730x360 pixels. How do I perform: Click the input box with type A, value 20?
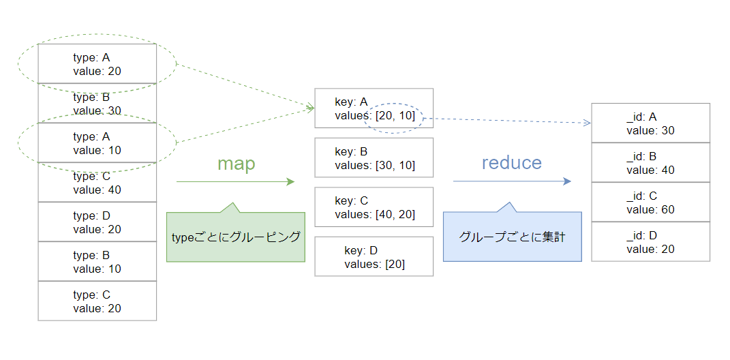pyautogui.click(x=97, y=63)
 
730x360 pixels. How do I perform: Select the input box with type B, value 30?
pyautogui.click(x=97, y=103)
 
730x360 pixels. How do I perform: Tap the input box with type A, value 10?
pyautogui.click(x=97, y=142)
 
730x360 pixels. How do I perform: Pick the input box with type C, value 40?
pyautogui.click(x=97, y=182)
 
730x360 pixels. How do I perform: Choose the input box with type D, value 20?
pyautogui.click(x=97, y=222)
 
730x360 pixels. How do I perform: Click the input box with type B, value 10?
pyautogui.click(x=97, y=261)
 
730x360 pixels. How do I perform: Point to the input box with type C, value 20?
pyautogui.click(x=97, y=301)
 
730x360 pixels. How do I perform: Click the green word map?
pyautogui.click(x=236, y=164)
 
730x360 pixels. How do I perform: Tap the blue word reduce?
pyautogui.click(x=511, y=162)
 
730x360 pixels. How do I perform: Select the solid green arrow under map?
pyautogui.click(x=235, y=182)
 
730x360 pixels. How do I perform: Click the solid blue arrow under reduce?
pyautogui.click(x=512, y=181)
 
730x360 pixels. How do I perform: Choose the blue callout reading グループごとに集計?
pyautogui.click(x=512, y=237)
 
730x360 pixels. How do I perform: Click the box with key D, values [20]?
pyautogui.click(x=374, y=256)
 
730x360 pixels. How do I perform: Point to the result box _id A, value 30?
pyautogui.click(x=650, y=123)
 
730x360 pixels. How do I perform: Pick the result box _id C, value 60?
pyautogui.click(x=650, y=202)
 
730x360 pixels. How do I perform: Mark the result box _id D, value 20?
pyautogui.click(x=650, y=241)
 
